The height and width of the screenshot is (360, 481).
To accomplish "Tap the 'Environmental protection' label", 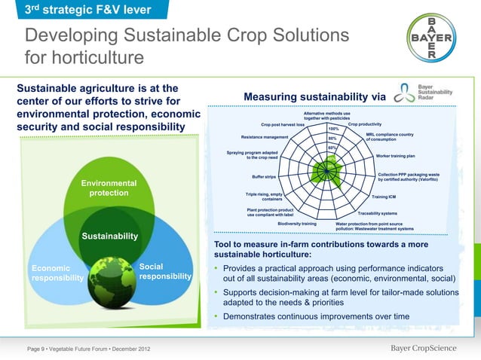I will [x=109, y=188].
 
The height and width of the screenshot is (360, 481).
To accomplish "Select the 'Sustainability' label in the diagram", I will [x=109, y=236].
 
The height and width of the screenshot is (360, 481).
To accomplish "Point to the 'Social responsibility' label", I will [x=165, y=271].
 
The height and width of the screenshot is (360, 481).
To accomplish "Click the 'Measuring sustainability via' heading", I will [x=314, y=96].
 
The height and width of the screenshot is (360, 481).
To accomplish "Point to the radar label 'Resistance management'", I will [x=265, y=137].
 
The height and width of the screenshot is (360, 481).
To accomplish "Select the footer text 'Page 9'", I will [x=37, y=348].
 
